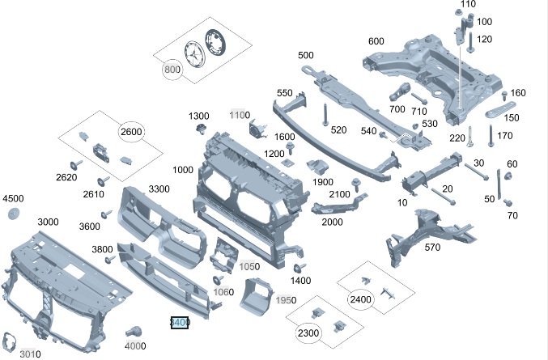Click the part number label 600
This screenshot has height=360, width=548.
376,42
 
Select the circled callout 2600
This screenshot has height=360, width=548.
131,132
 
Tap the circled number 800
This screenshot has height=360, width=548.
172,70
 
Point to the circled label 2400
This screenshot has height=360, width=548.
360,299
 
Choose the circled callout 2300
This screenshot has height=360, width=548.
308,333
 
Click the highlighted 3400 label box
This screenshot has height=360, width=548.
179,323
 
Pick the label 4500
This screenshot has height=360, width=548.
14,198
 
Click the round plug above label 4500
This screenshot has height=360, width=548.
14,214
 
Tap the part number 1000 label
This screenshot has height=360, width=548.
183,170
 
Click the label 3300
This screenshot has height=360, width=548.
159,189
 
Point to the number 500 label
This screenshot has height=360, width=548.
306,55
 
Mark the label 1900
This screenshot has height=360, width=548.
323,182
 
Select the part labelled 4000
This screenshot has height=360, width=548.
134,332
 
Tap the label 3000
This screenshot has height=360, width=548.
48,222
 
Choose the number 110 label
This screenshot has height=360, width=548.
468,4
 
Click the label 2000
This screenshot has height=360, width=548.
332,222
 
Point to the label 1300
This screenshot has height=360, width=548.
199,116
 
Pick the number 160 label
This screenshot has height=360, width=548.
519,93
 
